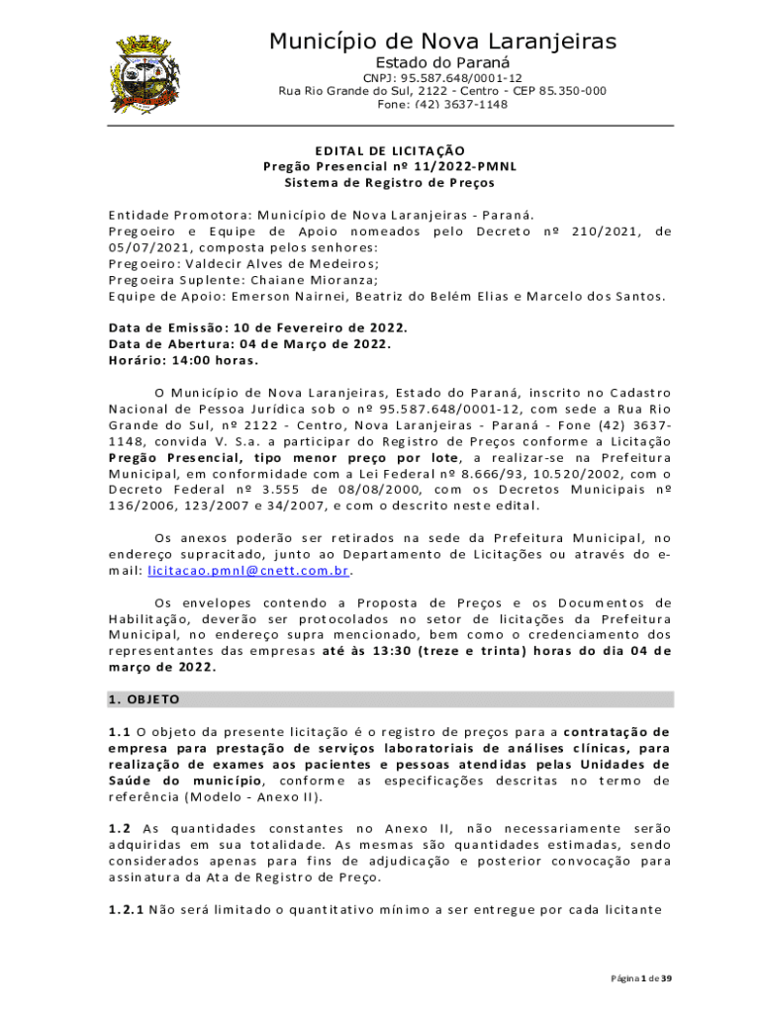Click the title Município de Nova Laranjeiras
[442, 41]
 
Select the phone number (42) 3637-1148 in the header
[460, 105]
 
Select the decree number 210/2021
[599, 231]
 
